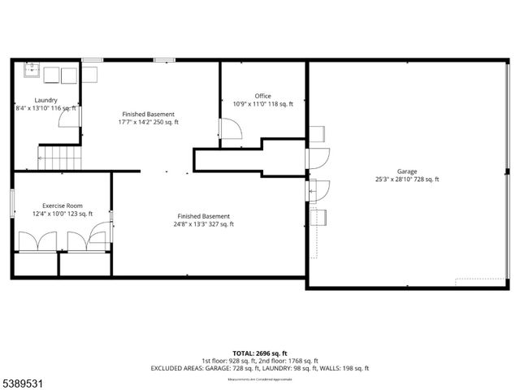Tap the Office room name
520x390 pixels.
click(x=262, y=96)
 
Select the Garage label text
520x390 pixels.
click(x=407, y=171)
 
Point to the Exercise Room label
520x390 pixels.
click(x=63, y=206)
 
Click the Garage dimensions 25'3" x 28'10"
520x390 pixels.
click(x=407, y=180)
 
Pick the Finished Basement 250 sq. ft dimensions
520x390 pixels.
click(x=149, y=122)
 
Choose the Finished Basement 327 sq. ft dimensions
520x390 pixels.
click(x=205, y=224)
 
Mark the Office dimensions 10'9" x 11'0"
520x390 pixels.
click(x=263, y=104)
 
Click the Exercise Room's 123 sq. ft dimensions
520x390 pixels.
click(x=63, y=214)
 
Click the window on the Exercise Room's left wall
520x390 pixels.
click(x=12, y=203)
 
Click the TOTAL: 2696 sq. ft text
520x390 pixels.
click(x=259, y=353)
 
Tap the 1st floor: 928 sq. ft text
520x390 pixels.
click(x=228, y=361)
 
